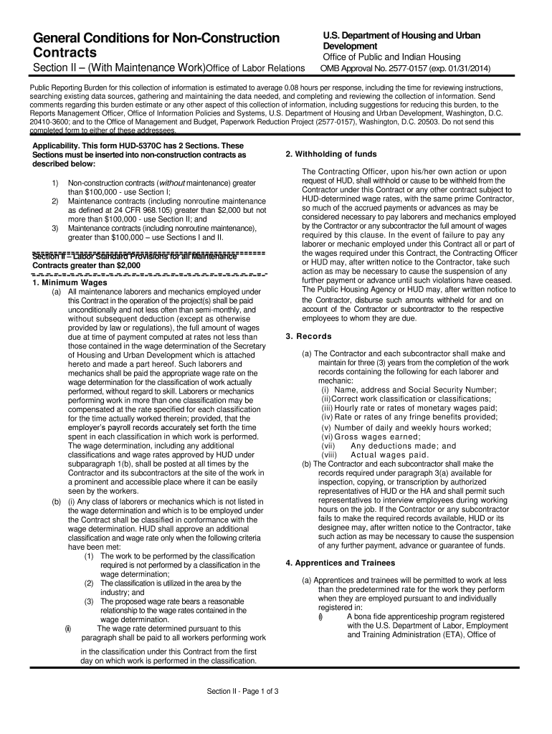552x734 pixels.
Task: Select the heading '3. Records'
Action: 308,336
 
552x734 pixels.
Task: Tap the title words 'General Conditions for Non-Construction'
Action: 152,37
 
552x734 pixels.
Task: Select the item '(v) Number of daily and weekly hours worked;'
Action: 402,427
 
